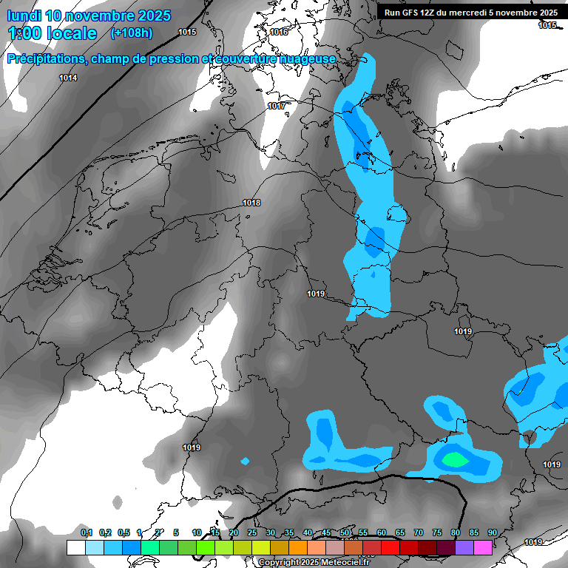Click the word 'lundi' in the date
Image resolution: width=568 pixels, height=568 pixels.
[x=24, y=16]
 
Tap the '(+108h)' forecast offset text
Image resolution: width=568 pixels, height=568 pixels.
[x=132, y=33]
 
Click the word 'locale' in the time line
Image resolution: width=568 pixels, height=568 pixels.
[x=70, y=33]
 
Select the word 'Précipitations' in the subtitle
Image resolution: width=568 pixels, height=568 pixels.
[x=45, y=59]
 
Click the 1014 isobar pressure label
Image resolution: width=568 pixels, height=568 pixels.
[x=68, y=78]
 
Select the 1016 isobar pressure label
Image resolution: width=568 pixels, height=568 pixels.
[x=279, y=32]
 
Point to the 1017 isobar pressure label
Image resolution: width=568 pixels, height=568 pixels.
[x=277, y=106]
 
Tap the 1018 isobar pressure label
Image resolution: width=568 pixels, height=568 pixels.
[x=251, y=203]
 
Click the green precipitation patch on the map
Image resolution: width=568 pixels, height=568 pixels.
[x=454, y=459]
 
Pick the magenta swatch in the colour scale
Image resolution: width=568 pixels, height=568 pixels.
[x=483, y=547]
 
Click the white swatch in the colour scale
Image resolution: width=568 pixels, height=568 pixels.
[x=76, y=547]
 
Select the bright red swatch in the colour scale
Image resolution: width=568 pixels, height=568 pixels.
[x=390, y=547]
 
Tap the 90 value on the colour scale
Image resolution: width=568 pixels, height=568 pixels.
[x=492, y=532]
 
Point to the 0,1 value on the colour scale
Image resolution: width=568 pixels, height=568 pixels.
[x=86, y=532]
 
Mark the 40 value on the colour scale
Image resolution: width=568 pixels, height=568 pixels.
[x=307, y=532]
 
